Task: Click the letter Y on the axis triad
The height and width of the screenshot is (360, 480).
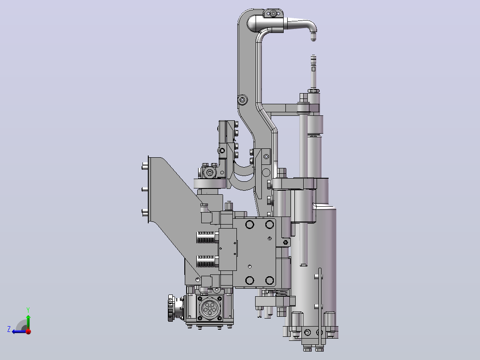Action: click(28, 310)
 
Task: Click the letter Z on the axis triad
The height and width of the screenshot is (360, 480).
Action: click(9, 329)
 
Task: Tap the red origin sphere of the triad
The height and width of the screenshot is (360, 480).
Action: click(28, 331)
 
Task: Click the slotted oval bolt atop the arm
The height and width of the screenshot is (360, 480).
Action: click(273, 13)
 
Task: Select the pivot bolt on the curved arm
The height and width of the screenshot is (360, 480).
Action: click(242, 100)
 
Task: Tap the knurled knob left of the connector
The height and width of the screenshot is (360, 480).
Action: click(171, 308)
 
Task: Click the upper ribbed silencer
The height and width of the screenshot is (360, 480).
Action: click(206, 237)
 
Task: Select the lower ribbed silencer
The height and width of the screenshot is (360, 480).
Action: click(206, 262)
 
